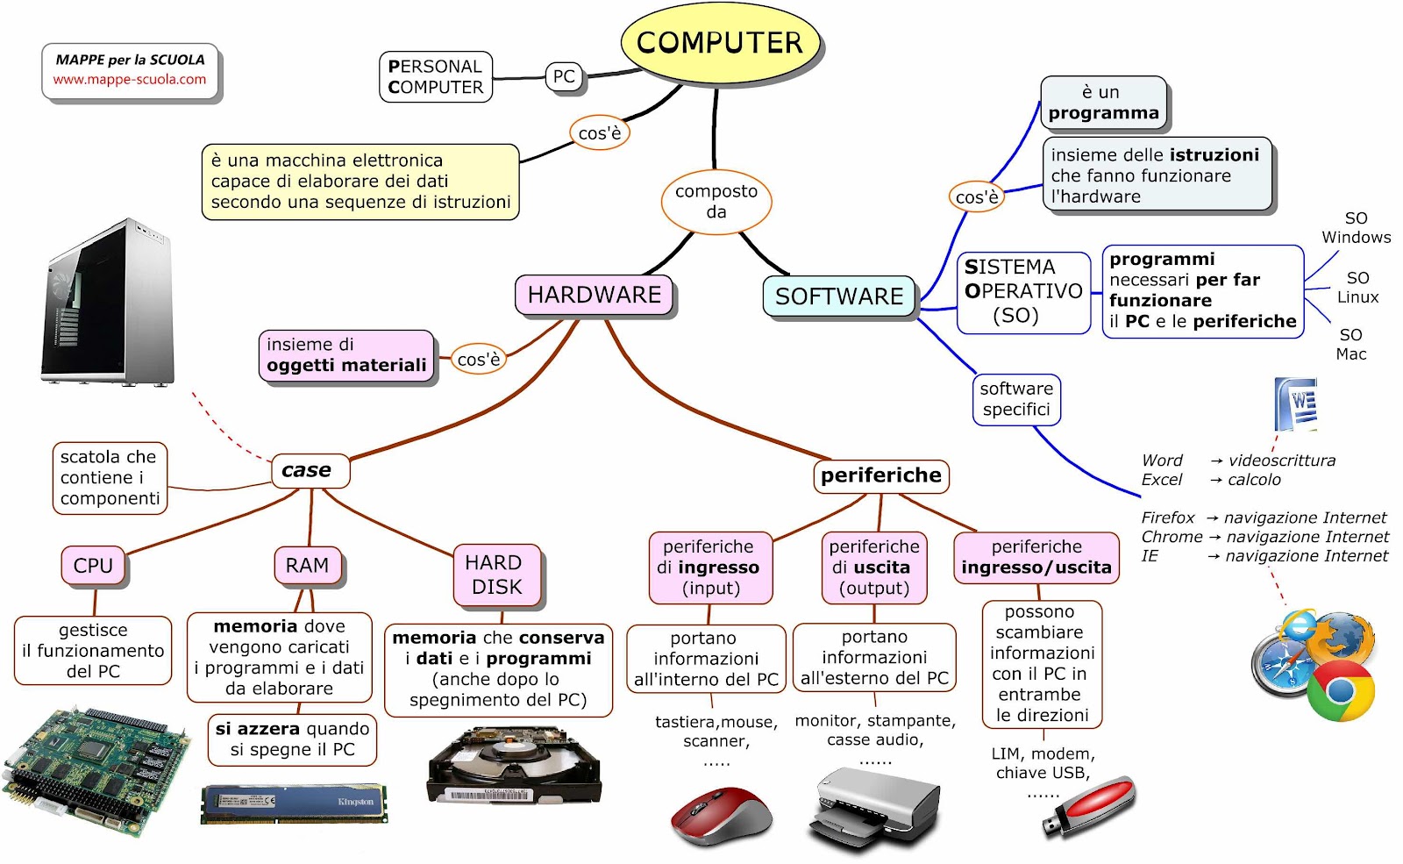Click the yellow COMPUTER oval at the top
point(719,43)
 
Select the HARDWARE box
point(594,295)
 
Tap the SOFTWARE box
point(838,296)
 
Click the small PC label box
point(564,76)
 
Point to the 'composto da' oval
point(716,202)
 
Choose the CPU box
point(93,566)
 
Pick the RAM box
point(307,566)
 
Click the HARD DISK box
point(496,575)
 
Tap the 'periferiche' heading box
point(880,475)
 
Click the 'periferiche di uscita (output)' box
point(874,568)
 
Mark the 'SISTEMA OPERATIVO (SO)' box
point(1023,292)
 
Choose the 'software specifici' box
point(1016,399)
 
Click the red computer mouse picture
point(721,816)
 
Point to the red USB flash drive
point(1090,804)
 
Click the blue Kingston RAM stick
point(294,803)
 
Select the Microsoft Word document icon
point(1296,404)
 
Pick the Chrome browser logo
point(1340,691)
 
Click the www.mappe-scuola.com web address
point(130,80)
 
